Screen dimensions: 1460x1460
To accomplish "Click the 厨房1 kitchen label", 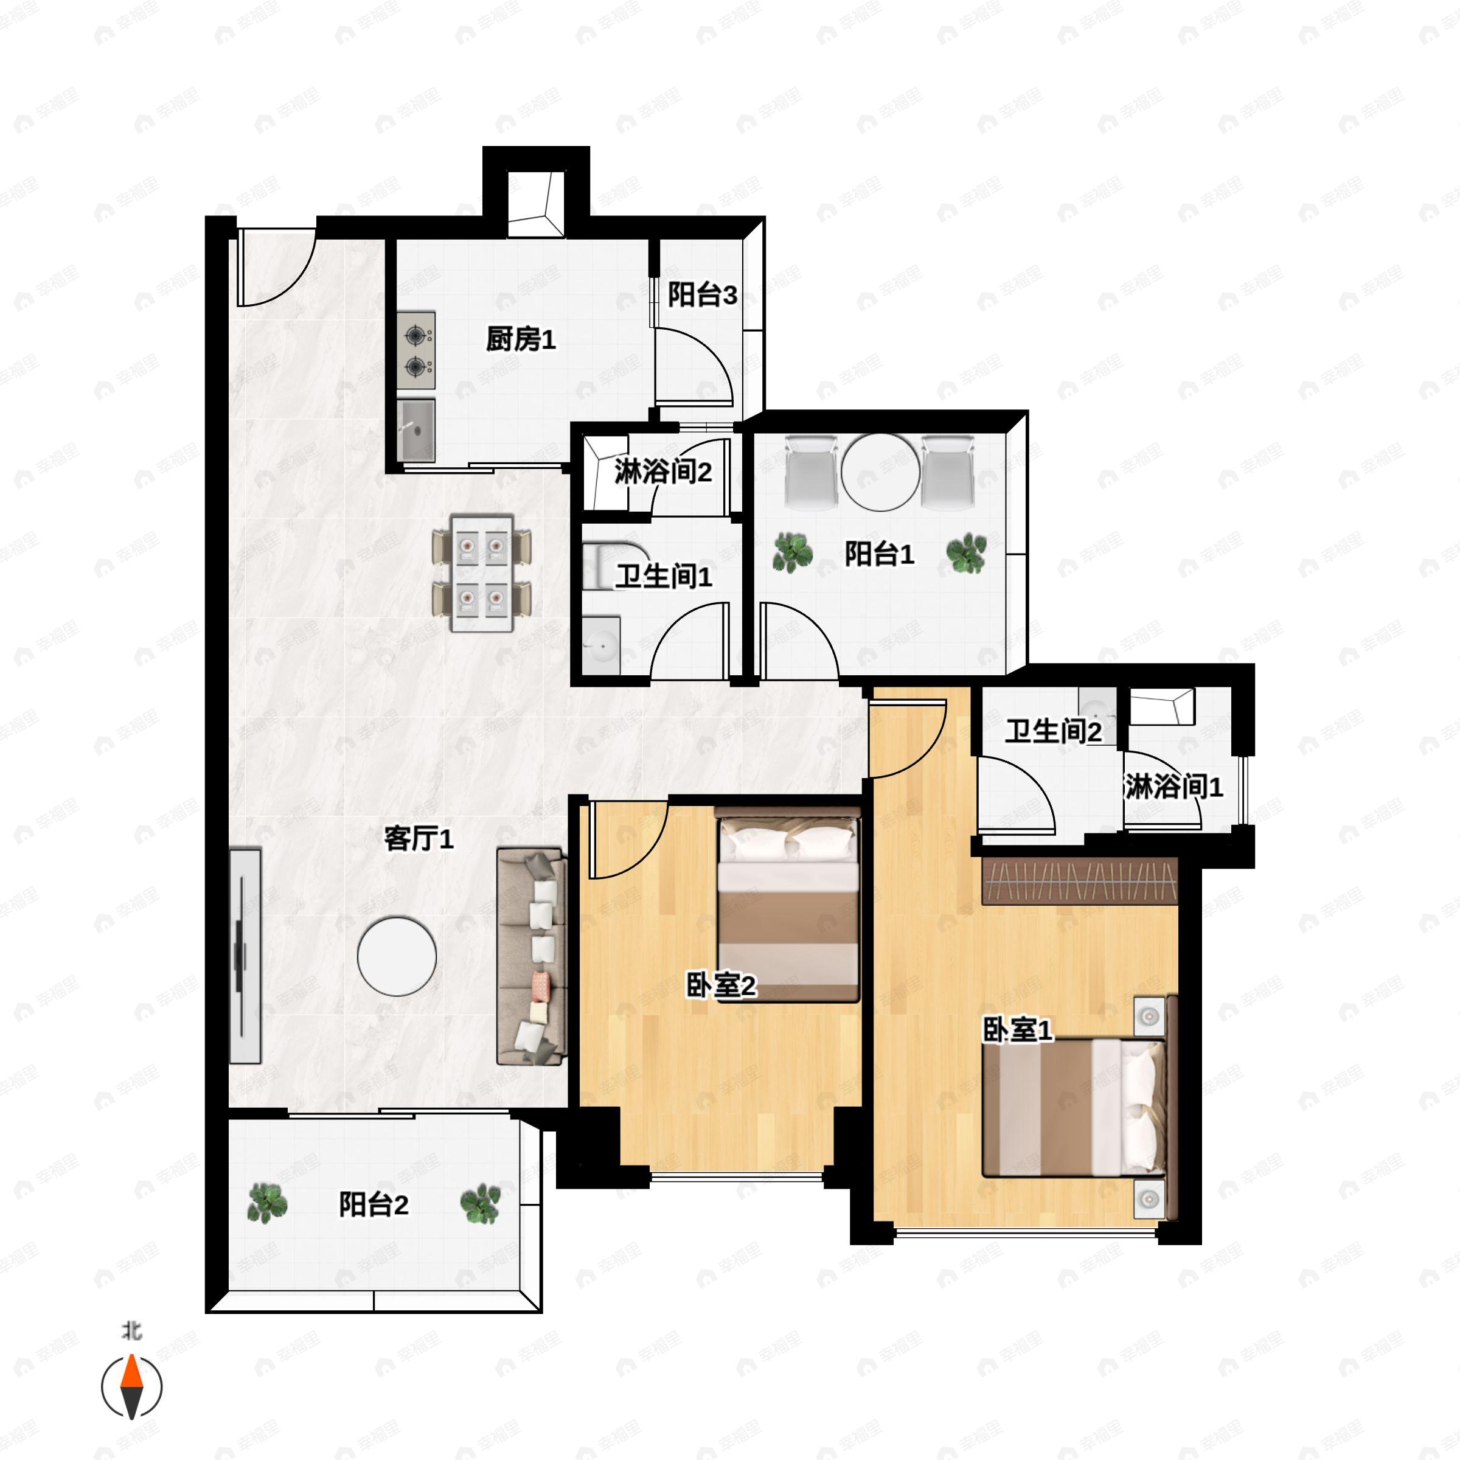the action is [x=521, y=339].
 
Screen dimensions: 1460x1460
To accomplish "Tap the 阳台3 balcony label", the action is [x=702, y=294].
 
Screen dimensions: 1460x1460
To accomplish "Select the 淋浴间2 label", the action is [x=662, y=471].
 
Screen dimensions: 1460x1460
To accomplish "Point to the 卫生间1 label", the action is [x=662, y=577].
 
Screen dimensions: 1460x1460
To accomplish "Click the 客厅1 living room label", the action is [x=419, y=838].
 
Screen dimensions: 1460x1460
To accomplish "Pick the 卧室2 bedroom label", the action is [x=721, y=985].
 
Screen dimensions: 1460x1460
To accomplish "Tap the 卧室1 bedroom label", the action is [x=1017, y=1029].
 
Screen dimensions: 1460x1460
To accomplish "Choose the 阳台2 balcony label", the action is [x=374, y=1204].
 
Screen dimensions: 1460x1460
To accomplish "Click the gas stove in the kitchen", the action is [x=416, y=352].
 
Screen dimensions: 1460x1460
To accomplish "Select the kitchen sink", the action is [x=416, y=430].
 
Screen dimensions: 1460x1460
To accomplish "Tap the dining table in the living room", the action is [x=481, y=573].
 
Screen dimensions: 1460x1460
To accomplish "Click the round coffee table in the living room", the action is [x=397, y=956].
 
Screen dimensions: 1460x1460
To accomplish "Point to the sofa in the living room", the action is [x=530, y=956].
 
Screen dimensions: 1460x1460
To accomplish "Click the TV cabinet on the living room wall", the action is [x=245, y=956].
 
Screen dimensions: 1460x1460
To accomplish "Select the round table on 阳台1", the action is [x=881, y=471].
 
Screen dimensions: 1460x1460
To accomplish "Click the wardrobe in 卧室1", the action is [x=1080, y=881].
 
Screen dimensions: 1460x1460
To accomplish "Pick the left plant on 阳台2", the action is [x=267, y=1203].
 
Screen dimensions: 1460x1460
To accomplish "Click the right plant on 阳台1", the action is [x=967, y=552].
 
